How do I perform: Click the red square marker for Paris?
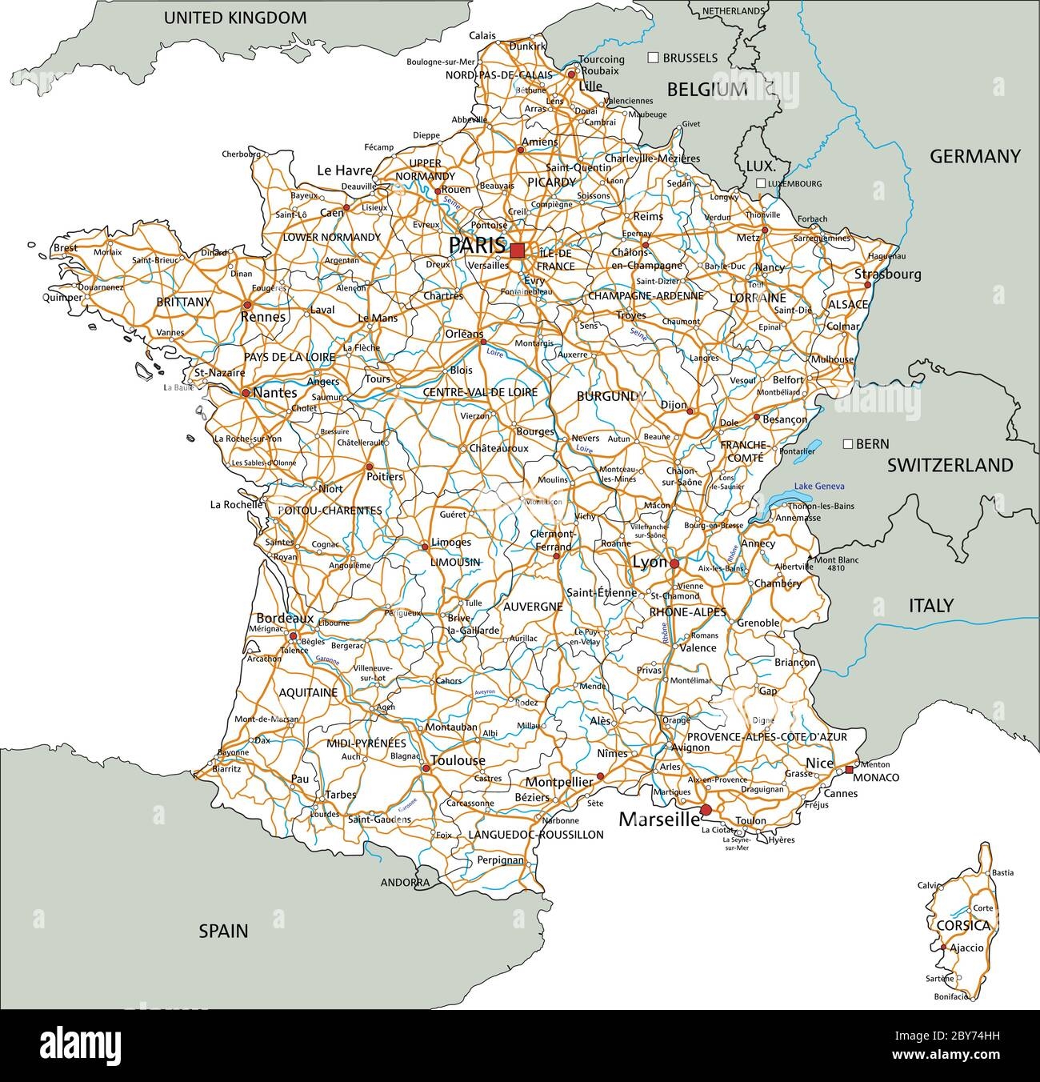pos(518,250)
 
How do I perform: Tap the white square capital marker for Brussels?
pos(653,58)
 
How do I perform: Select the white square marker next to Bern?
pos(848,443)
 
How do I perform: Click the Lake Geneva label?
pos(819,487)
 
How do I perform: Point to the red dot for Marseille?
pos(705,811)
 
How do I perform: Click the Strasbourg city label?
pos(887,275)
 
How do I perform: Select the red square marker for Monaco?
pos(849,770)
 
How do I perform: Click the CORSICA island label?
pos(962,926)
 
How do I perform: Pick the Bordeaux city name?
pos(284,619)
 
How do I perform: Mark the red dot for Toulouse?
pos(426,769)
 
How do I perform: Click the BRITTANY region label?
pos(184,303)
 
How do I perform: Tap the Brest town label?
pos(66,248)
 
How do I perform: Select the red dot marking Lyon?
pos(674,564)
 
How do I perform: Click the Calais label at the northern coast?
pos(482,36)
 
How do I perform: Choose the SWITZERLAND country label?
pos(950,465)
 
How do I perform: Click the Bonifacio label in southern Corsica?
pos(950,997)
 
